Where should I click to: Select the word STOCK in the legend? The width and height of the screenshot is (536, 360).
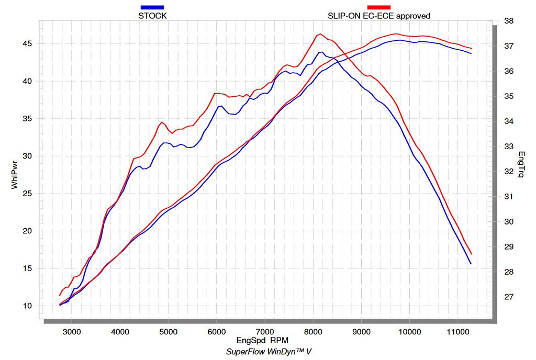pos(152,16)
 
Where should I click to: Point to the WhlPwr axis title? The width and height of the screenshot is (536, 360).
pos(15,175)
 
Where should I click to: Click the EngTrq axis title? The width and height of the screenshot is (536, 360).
pos(521,165)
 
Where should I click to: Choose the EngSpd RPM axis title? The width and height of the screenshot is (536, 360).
pos(262,341)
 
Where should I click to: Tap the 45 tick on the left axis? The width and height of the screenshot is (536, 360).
pos(27,43)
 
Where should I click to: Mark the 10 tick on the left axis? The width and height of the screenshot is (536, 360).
pos(27,306)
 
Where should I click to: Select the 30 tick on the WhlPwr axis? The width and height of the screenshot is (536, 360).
pos(27,156)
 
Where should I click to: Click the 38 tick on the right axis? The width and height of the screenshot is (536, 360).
pos(508,21)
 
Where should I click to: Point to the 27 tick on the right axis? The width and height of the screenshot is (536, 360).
pos(508,297)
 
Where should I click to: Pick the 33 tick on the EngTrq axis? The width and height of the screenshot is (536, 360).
pos(508,147)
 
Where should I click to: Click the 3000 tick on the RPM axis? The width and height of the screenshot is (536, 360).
pos(72,331)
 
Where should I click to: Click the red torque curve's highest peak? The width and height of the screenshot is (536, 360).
pos(320,34)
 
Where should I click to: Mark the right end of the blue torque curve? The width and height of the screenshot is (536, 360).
pos(471,264)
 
